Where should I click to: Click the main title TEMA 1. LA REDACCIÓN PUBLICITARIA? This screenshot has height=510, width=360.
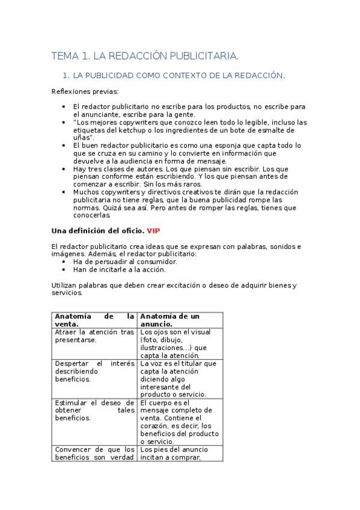click(x=145, y=57)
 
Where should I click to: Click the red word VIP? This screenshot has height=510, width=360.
click(x=153, y=231)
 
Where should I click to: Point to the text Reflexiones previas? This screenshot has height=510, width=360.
click(x=85, y=91)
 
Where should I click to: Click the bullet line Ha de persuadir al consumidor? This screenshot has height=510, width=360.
click(x=124, y=262)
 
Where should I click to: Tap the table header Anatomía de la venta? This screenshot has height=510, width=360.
click(x=94, y=320)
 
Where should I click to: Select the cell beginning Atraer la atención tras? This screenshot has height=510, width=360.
click(x=94, y=336)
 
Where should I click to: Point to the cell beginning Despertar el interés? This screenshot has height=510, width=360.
click(x=94, y=372)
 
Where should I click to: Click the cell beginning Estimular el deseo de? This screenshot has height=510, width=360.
click(x=94, y=410)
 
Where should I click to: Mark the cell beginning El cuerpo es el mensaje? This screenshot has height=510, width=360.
click(x=178, y=422)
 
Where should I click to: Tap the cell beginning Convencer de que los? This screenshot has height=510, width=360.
click(x=94, y=453)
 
